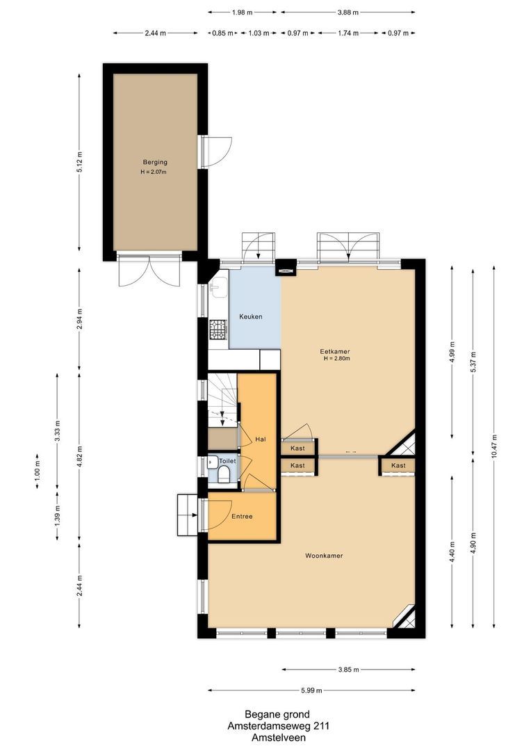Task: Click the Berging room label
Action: pyautogui.click(x=156, y=162)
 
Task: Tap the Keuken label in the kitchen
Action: pyautogui.click(x=250, y=316)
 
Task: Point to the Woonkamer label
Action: pyautogui.click(x=324, y=556)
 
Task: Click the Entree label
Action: pyautogui.click(x=242, y=516)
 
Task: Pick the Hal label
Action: pyautogui.click(x=261, y=439)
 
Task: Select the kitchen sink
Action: pyautogui.click(x=217, y=285)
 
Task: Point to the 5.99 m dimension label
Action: pyautogui.click(x=312, y=691)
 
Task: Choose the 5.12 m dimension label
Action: pyautogui.click(x=79, y=162)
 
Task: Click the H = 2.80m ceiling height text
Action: pyautogui.click(x=336, y=359)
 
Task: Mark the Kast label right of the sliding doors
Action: pyautogui.click(x=398, y=465)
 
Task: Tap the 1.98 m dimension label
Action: pyautogui.click(x=242, y=12)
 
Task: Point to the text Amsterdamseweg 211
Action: pyautogui.click(x=277, y=726)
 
